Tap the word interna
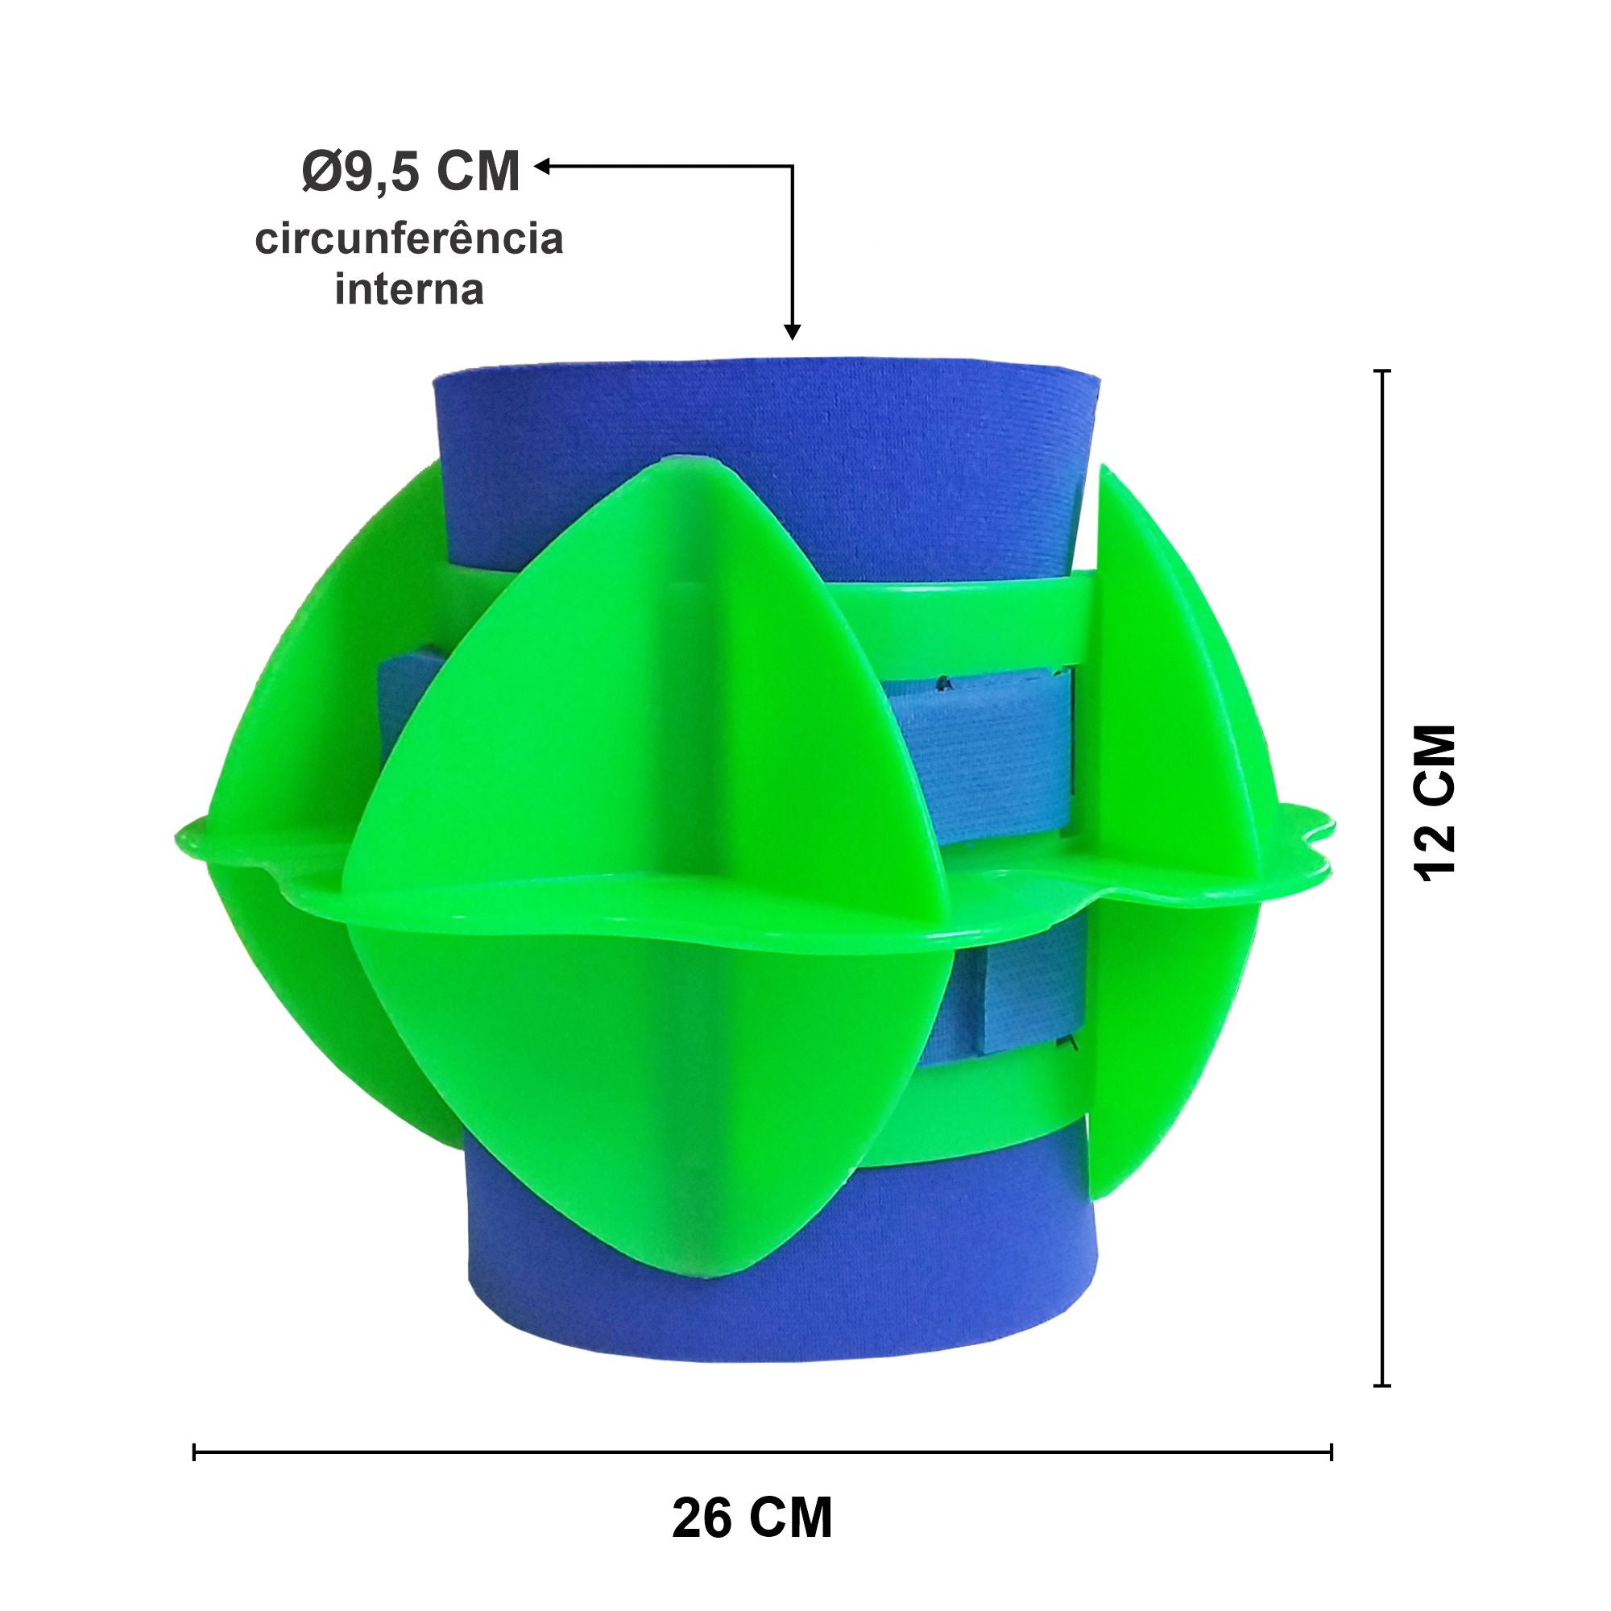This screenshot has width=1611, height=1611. click(x=409, y=292)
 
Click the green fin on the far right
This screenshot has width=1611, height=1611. click(x=1167, y=751)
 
